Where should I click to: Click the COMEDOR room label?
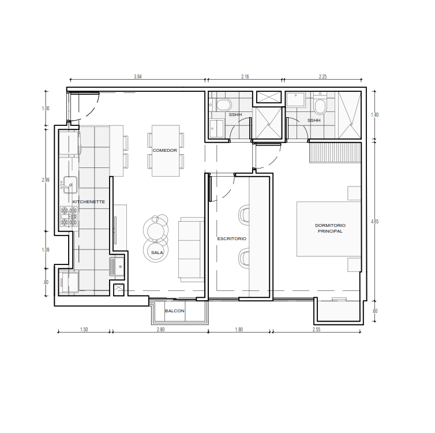165,151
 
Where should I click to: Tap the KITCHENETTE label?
88,202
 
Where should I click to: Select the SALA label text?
157,253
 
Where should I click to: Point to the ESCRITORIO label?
232,238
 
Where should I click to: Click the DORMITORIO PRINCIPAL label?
330,228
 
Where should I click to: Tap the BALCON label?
174,311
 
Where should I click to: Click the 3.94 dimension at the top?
138,77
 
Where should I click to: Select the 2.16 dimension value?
245,77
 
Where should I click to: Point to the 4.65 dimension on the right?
374,222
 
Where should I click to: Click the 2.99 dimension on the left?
46,180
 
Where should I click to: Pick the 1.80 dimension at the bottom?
239,330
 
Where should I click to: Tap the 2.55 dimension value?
316,330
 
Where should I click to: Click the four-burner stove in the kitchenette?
69,216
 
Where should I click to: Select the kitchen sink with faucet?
69,185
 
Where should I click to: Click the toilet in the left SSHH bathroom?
223,106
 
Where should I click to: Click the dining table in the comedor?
166,151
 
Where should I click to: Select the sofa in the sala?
191,249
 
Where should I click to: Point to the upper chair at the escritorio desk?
244,214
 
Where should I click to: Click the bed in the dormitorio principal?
329,229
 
